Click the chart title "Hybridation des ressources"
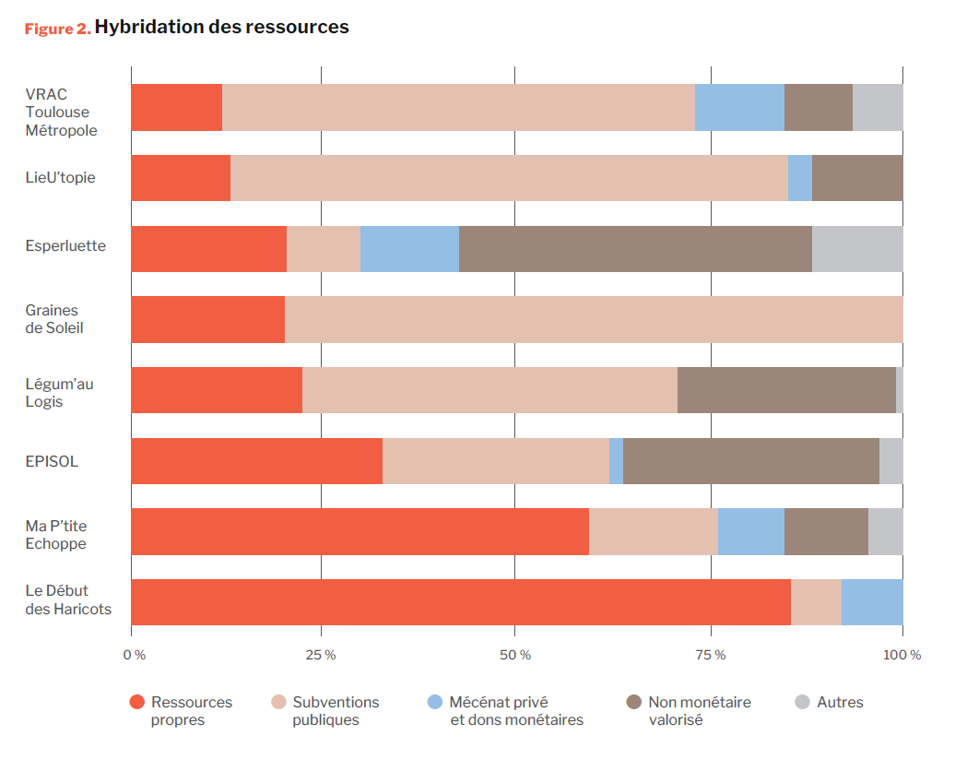coord(221,27)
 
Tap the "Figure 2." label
coord(57,29)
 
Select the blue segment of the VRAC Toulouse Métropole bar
coord(739,107)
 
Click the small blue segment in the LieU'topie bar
coord(800,178)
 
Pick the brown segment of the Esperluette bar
coord(635,249)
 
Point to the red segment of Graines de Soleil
coord(207,319)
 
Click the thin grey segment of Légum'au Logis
coord(900,390)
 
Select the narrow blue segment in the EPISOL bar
coord(616,461)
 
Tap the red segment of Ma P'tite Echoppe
coord(360,531)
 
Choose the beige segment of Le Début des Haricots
coord(816,602)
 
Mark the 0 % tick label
coord(135,655)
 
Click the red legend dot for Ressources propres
coord(136,702)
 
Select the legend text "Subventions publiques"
coord(336,710)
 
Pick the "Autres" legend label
coord(840,702)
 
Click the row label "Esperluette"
coord(65,246)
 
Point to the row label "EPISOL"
coord(52,461)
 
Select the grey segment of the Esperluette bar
coord(857,249)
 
